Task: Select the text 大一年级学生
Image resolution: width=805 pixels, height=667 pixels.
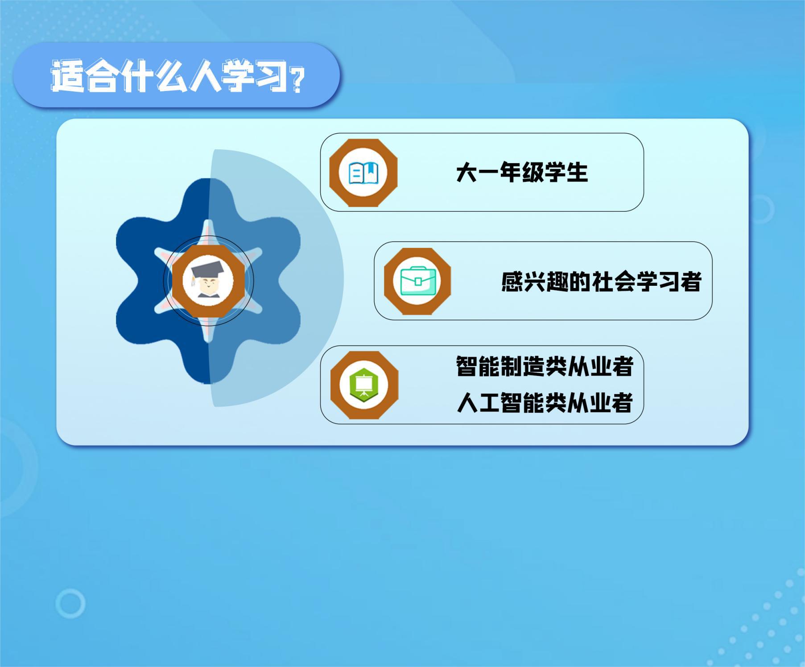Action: pyautogui.click(x=522, y=172)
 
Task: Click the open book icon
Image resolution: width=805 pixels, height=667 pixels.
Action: pyautogui.click(x=363, y=173)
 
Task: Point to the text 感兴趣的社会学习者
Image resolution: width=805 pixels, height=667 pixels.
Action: pyautogui.click(x=601, y=281)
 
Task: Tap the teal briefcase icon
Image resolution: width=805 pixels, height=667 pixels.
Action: pyautogui.click(x=417, y=281)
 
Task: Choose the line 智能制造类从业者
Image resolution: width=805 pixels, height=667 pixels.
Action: pyautogui.click(x=545, y=366)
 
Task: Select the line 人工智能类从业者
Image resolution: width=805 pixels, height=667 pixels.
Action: pyautogui.click(x=545, y=403)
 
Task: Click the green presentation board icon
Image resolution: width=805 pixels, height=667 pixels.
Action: pyautogui.click(x=364, y=385)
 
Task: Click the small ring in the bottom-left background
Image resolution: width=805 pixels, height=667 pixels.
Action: pyautogui.click(x=70, y=603)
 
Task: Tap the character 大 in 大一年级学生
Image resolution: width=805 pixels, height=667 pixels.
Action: pyautogui.click(x=466, y=173)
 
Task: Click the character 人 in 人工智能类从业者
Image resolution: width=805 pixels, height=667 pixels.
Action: pyautogui.click(x=467, y=403)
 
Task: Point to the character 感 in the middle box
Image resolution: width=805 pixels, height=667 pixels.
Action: pyautogui.click(x=512, y=282)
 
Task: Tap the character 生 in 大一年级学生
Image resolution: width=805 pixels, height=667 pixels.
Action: pyautogui.click(x=577, y=173)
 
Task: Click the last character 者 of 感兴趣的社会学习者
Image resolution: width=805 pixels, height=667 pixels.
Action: pyautogui.click(x=691, y=282)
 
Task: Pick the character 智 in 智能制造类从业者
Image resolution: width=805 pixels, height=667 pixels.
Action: pyautogui.click(x=466, y=366)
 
